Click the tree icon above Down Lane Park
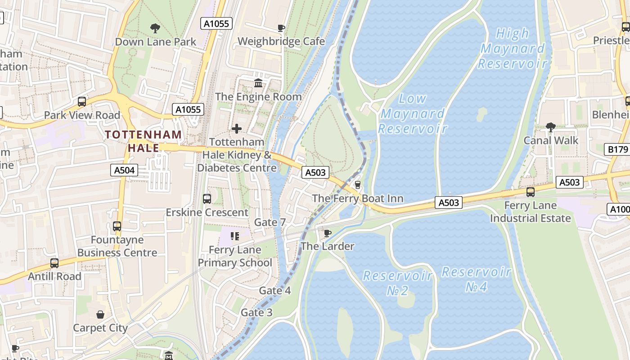click(155, 28)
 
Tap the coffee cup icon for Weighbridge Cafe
click(281, 28)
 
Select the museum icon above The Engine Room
click(258, 83)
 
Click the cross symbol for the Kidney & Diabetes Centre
click(236, 129)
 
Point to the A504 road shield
click(124, 170)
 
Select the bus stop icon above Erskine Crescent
click(207, 198)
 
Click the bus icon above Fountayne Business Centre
click(117, 226)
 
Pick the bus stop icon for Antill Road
click(54, 263)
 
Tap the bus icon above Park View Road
click(82, 102)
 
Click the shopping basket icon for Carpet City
click(100, 314)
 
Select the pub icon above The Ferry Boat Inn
click(358, 185)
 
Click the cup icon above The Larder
click(328, 233)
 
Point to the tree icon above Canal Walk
click(550, 127)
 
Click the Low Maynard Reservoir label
click(413, 114)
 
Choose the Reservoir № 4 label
click(476, 279)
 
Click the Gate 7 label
click(270, 222)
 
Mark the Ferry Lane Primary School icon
click(234, 236)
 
